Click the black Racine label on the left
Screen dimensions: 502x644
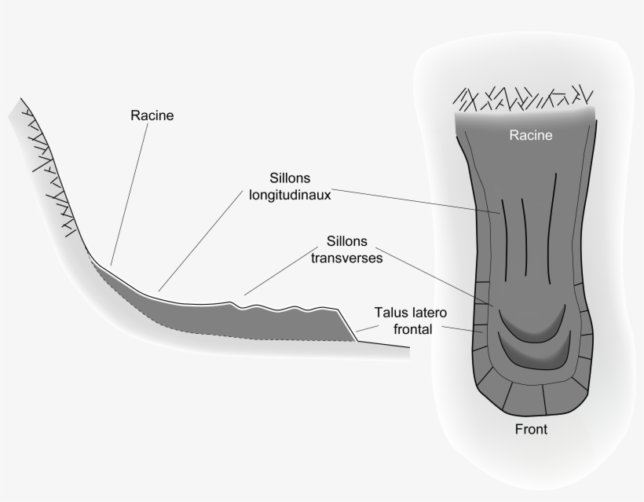tap(152, 115)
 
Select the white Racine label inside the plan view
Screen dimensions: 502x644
tap(531, 135)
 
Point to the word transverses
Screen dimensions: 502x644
tap(351, 257)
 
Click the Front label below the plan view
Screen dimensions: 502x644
tap(531, 429)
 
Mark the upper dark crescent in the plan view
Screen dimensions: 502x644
tap(534, 322)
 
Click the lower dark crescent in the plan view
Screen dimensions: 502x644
tap(534, 351)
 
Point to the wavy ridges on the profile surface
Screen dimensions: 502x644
tap(283, 304)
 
